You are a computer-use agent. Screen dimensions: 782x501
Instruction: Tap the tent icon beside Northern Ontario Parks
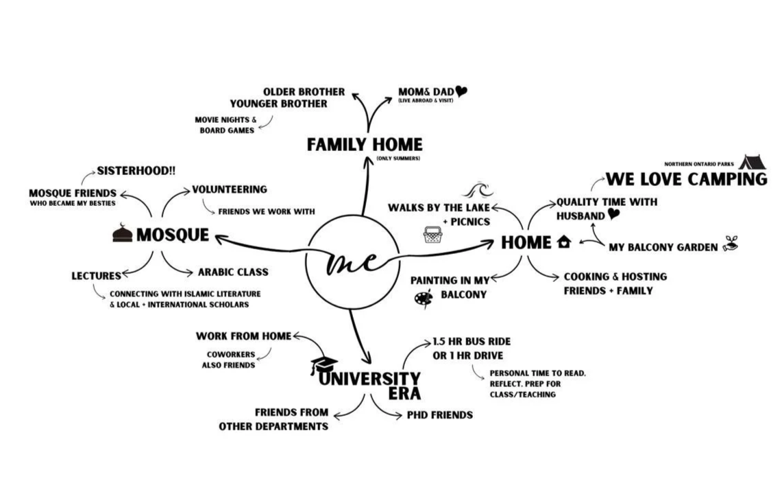[x=753, y=161]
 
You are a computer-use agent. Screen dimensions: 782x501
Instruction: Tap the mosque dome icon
[x=122, y=233]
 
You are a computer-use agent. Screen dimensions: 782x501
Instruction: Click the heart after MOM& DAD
[x=461, y=91]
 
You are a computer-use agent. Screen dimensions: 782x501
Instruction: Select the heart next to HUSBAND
[x=614, y=215]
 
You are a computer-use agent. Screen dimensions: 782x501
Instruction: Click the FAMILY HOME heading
[x=364, y=145]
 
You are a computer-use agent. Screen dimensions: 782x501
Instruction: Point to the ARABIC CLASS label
[x=233, y=271]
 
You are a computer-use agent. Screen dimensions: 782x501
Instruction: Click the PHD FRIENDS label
[x=439, y=415]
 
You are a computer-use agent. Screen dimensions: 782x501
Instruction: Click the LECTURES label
[x=96, y=276]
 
